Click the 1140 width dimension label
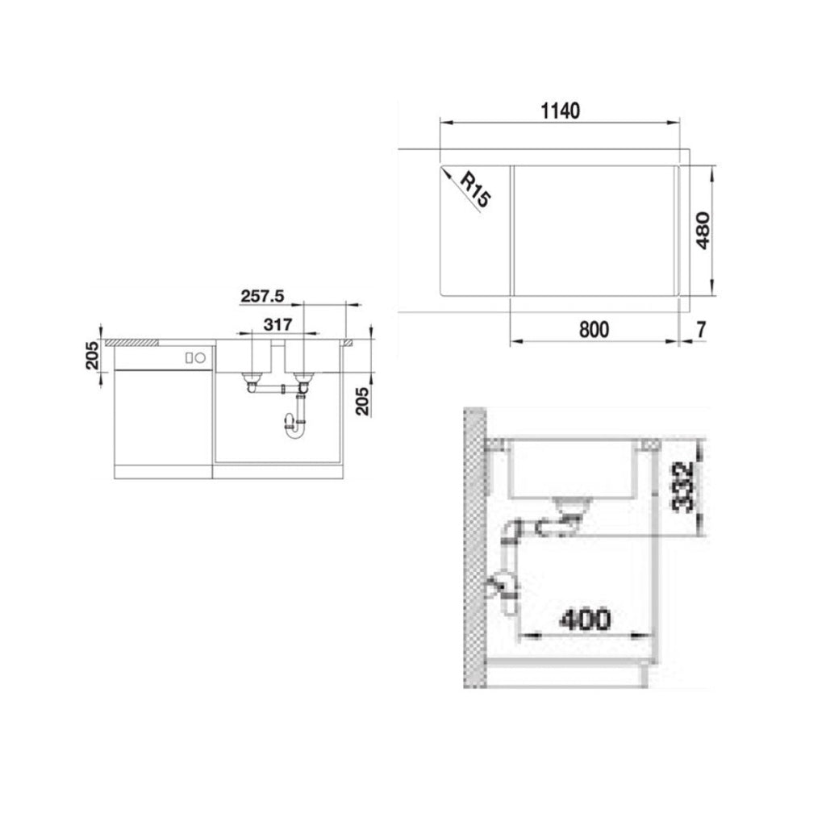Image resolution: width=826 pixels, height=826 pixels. [x=560, y=111]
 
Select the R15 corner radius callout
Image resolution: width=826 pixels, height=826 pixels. [x=474, y=191]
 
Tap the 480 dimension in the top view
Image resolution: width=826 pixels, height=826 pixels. [x=702, y=230]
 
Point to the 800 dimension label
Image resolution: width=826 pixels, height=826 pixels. [x=593, y=329]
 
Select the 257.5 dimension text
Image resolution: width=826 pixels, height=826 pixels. [x=262, y=296]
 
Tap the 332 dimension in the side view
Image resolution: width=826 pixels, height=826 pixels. [x=684, y=487]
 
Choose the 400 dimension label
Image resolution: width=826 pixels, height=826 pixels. [x=585, y=619]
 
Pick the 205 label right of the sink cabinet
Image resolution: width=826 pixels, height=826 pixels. [x=362, y=400]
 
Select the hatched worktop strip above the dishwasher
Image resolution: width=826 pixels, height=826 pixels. [x=134, y=342]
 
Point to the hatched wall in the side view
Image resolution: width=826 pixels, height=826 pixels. [x=474, y=549]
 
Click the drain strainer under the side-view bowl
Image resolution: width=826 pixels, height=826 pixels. [x=572, y=505]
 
